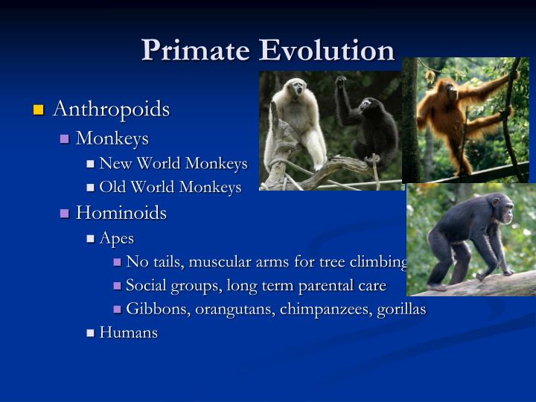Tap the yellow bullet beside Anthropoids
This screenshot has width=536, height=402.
click(x=39, y=111)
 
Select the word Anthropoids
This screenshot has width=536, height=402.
click(x=112, y=109)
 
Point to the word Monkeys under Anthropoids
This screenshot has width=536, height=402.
click(x=112, y=138)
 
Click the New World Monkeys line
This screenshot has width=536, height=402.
click(x=173, y=163)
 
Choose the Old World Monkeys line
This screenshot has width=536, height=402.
click(x=170, y=187)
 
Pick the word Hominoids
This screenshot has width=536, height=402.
click(x=121, y=213)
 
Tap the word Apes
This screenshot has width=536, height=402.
click(x=117, y=238)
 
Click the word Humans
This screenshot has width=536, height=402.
click(x=129, y=333)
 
